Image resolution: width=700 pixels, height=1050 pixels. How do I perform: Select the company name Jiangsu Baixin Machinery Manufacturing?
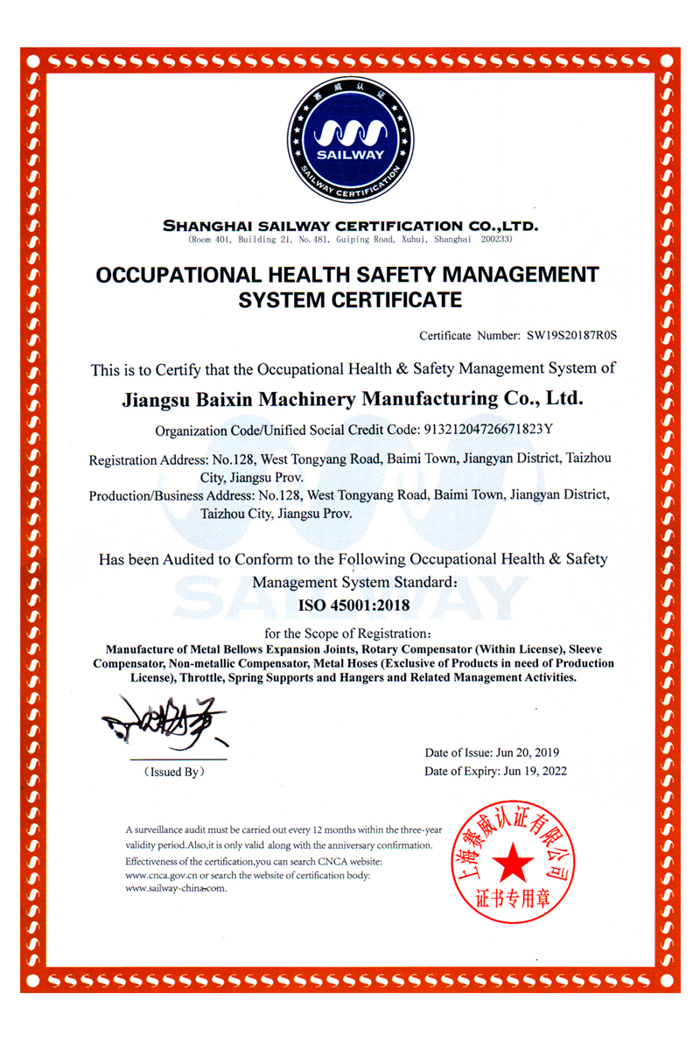[x=350, y=400]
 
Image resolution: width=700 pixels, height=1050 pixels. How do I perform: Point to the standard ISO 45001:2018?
[x=350, y=605]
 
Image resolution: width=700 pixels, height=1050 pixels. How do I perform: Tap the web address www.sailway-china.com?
[x=176, y=888]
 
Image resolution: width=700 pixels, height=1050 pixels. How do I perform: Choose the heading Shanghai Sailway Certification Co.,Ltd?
[x=350, y=226]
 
